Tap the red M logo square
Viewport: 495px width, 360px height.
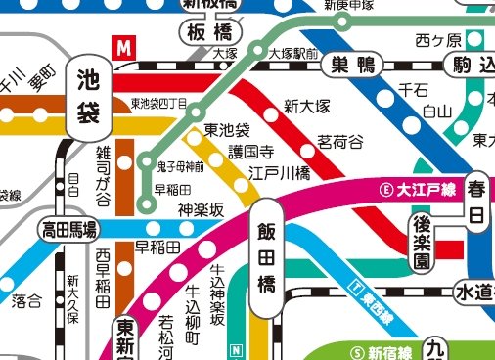coord(124,46)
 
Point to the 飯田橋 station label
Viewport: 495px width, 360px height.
coord(266,258)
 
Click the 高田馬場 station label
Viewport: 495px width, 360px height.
coord(68,230)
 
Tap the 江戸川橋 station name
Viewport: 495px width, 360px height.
coord(279,173)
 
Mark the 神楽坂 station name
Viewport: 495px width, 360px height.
coord(201,208)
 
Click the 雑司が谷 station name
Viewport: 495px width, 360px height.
coord(104,175)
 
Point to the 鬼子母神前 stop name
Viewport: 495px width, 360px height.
coord(181,166)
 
